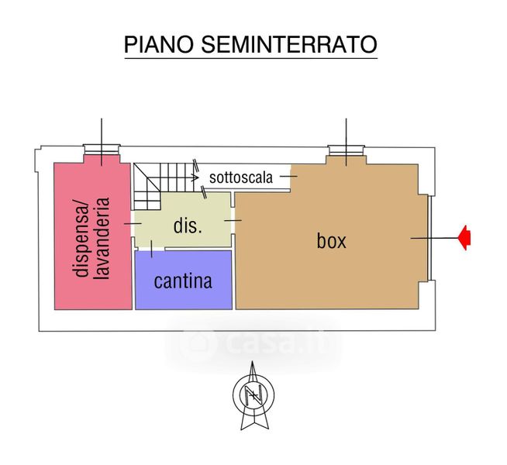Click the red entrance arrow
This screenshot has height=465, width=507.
point(465,238)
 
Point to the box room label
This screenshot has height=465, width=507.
point(331,240)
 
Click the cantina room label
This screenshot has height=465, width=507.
point(183,281)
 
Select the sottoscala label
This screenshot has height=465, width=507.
point(240,177)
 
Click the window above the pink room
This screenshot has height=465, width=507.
point(102,150)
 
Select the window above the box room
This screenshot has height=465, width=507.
point(345,150)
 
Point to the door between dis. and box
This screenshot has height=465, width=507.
point(233,221)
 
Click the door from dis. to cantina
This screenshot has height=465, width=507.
point(150,249)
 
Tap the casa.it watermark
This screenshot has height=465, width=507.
point(256,341)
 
